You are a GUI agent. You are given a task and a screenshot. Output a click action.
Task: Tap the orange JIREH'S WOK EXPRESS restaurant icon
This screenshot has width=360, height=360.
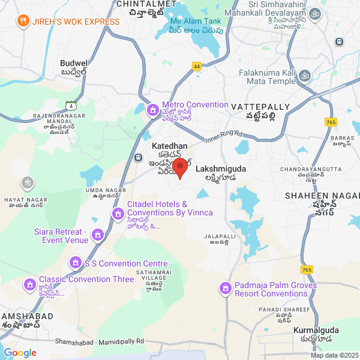pos(23,22)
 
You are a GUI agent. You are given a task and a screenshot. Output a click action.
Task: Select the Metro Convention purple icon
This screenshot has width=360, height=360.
pos(153,110)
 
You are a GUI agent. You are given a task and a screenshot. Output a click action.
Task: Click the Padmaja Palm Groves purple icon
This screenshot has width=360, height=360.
pos(225,289)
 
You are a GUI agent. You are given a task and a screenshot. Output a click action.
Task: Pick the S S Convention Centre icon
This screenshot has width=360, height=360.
pos(76,263)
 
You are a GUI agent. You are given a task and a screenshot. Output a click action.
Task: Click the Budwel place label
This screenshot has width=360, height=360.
pos(74,62)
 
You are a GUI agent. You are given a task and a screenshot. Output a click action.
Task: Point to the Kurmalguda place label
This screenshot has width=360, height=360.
pos(316,330)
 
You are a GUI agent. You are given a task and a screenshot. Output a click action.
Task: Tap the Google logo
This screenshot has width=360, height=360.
pos(20,353)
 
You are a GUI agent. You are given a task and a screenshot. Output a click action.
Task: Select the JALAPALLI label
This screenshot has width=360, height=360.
pos(220,236)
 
